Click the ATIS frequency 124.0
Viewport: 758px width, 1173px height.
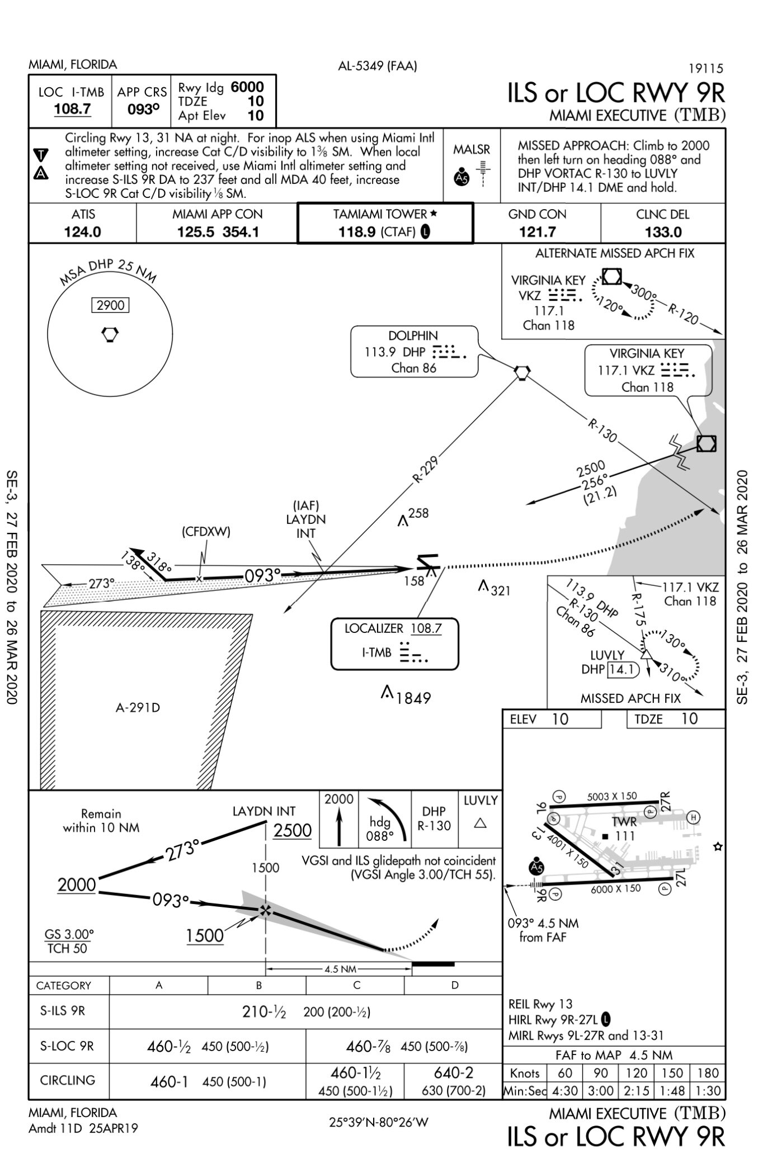coord(83,231)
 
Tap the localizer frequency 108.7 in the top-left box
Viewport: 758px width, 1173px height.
coord(73,108)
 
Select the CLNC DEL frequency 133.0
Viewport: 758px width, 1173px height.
coord(663,231)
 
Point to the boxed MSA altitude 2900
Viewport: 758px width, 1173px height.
coord(110,305)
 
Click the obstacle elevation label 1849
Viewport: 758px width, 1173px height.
coord(414,698)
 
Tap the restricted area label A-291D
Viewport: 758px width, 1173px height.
coord(138,708)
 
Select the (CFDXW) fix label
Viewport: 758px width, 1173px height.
coord(206,532)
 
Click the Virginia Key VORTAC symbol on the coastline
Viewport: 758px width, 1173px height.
coord(707,443)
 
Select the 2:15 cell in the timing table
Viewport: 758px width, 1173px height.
coord(637,1091)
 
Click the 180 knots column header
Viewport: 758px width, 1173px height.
coord(708,1073)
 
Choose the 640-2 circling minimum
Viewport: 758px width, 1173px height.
coord(454,1072)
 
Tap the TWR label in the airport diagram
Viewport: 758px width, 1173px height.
coord(624,821)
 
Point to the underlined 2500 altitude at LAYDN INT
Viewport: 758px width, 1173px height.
coord(293,830)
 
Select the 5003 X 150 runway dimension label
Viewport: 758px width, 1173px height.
coord(612,796)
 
